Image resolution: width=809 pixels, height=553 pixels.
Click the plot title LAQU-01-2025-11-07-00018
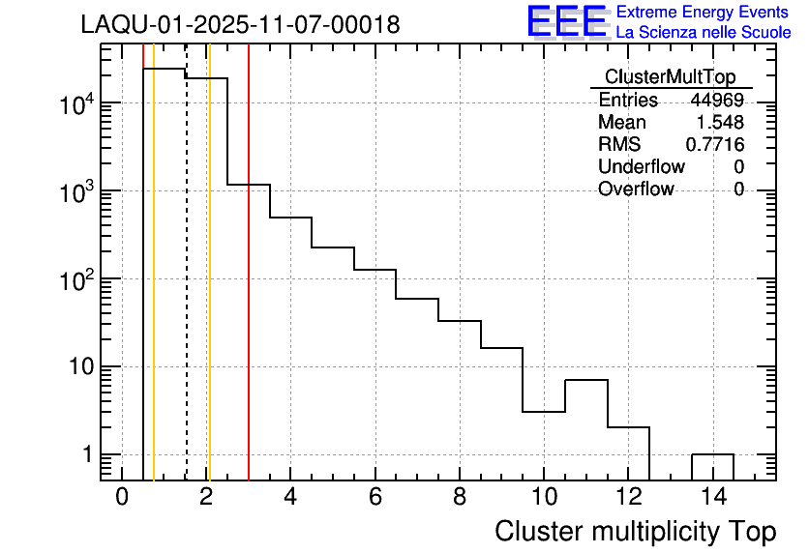(x=240, y=25)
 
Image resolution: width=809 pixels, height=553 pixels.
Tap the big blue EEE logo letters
(x=567, y=21)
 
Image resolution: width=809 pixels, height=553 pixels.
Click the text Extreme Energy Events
(x=703, y=13)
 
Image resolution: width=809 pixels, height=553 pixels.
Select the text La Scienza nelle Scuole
(x=703, y=32)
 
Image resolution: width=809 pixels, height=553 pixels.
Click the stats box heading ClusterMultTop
(x=670, y=77)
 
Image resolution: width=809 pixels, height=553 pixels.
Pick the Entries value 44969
(x=716, y=101)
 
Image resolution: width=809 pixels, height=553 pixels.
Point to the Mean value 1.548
(x=721, y=123)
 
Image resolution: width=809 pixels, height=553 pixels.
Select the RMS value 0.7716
(x=715, y=145)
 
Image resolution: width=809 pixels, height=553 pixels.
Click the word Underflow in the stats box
(x=641, y=167)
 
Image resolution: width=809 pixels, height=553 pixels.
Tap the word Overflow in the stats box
(x=636, y=189)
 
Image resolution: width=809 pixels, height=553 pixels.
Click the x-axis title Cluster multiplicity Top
(x=635, y=532)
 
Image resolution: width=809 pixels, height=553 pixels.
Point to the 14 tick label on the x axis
(x=712, y=498)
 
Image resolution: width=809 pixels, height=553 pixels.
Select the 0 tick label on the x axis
(x=122, y=498)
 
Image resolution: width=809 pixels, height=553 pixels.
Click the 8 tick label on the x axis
(x=460, y=498)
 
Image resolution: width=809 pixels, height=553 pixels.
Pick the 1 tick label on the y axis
(x=88, y=454)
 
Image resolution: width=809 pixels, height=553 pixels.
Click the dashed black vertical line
(x=186, y=290)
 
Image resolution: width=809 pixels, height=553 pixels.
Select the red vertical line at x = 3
(x=249, y=290)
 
